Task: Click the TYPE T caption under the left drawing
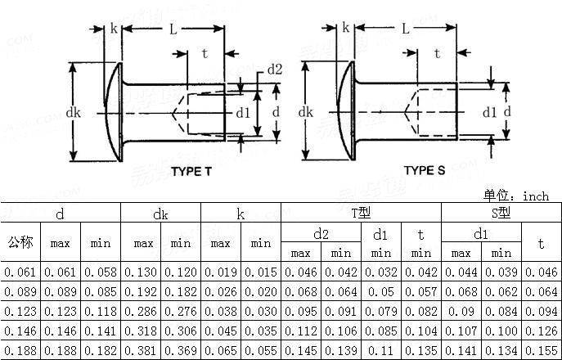pyautogui.click(x=191, y=171)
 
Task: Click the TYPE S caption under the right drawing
pyautogui.click(x=425, y=170)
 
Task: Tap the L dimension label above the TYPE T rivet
pyautogui.click(x=173, y=29)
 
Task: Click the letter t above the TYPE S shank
pyautogui.click(x=437, y=54)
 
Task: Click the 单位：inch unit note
pyautogui.click(x=516, y=196)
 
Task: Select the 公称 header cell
pyautogui.click(x=20, y=243)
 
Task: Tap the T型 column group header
pyautogui.click(x=361, y=214)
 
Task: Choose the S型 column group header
pyautogui.click(x=501, y=214)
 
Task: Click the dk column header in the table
pyautogui.click(x=160, y=214)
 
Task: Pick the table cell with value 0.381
pyautogui.click(x=143, y=350)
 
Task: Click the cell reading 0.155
pyautogui.click(x=541, y=350)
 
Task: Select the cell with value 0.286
pyautogui.click(x=143, y=311)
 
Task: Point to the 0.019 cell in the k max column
pyautogui.click(x=220, y=272)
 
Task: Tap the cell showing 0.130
pyautogui.click(x=143, y=272)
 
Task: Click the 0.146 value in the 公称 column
pyautogui.click(x=20, y=331)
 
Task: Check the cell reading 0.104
pyautogui.click(x=420, y=331)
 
